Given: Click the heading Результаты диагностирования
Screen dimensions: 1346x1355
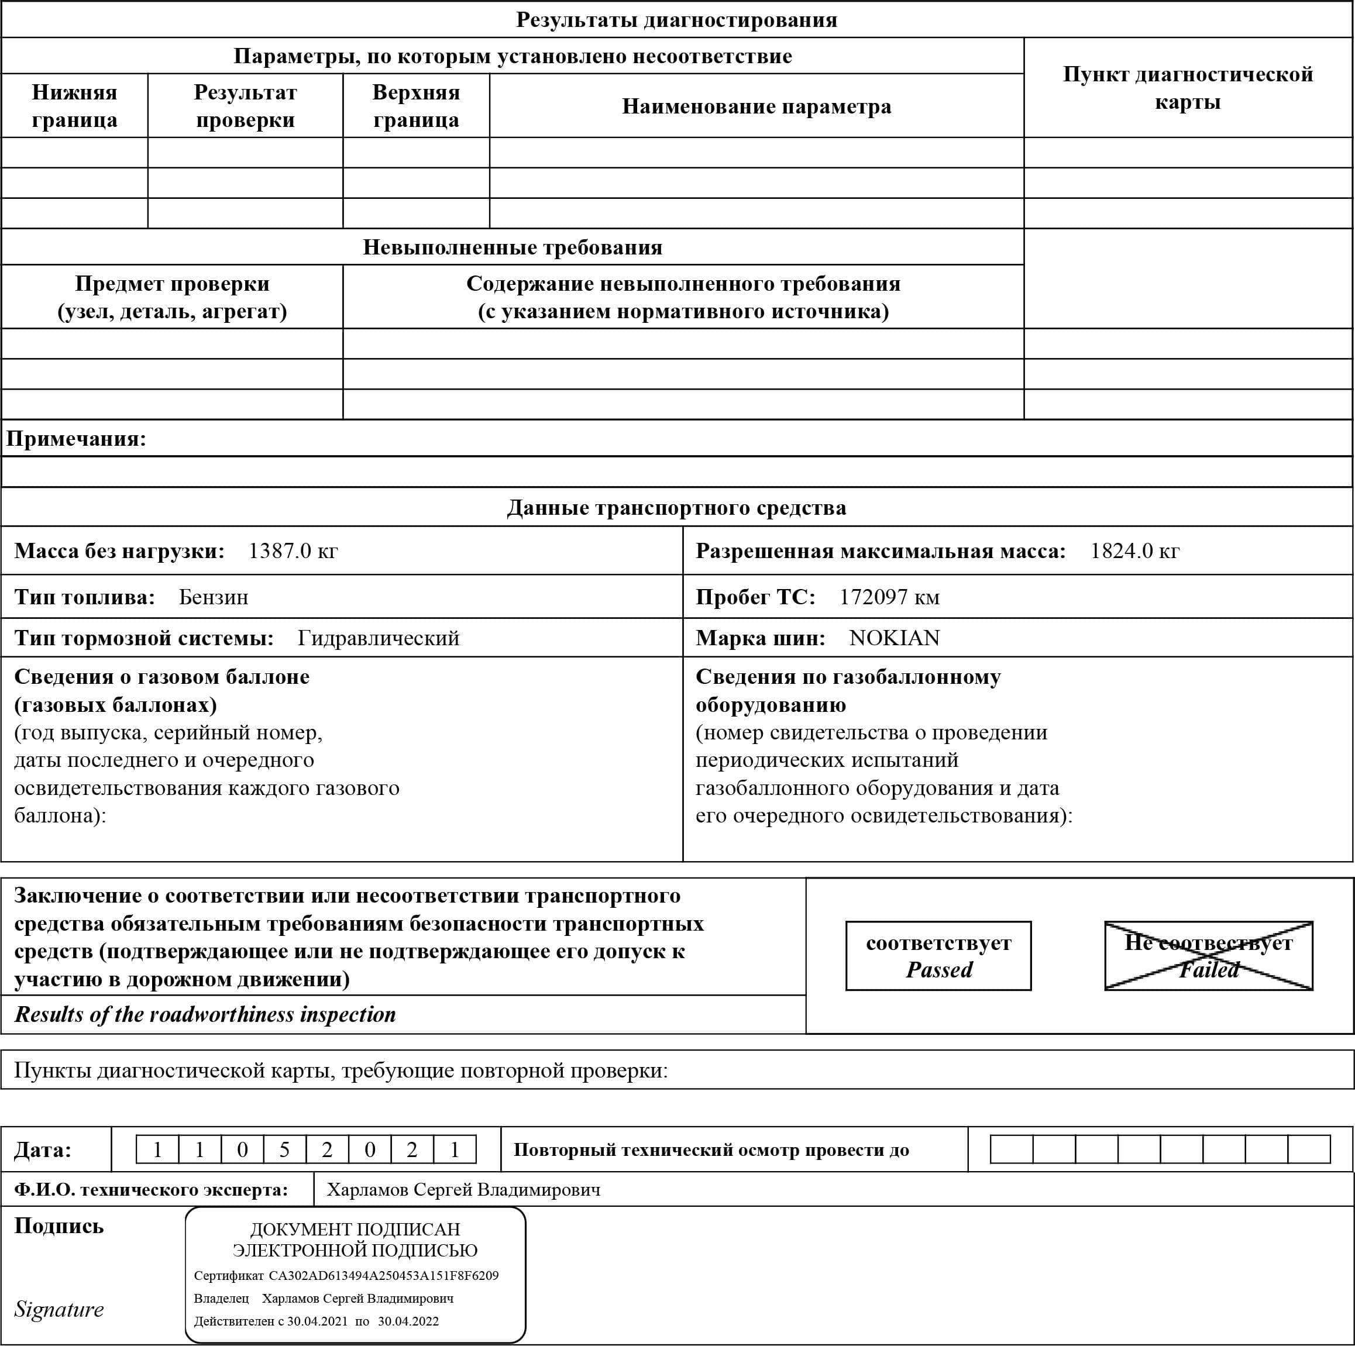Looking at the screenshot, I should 676,20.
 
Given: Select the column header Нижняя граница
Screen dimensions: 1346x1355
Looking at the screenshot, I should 74,106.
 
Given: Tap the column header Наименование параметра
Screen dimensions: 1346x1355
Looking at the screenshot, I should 756,106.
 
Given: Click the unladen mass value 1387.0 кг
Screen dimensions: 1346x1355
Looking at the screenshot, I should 293,551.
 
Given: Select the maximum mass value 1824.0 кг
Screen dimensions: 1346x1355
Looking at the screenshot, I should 1134,551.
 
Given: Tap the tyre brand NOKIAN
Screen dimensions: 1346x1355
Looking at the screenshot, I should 893,638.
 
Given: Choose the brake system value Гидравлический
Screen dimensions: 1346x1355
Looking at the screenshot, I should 378,638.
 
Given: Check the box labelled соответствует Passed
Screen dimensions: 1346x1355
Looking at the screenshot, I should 938,956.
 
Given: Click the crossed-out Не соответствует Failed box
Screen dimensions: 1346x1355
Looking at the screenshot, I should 1208,956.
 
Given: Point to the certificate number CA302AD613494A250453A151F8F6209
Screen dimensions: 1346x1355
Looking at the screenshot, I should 383,1276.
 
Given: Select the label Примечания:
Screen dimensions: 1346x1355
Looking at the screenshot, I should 75,439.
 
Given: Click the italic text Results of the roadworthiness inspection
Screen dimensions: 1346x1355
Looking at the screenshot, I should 205,1015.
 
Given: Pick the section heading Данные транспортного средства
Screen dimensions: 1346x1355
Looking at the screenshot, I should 676,508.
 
